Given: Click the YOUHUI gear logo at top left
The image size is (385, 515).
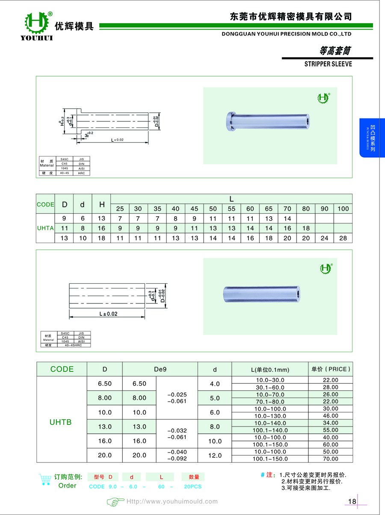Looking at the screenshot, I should tap(37, 23).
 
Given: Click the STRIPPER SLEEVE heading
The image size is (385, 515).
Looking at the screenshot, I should tap(328, 64).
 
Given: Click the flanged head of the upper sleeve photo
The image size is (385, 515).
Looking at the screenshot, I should tap(229, 121).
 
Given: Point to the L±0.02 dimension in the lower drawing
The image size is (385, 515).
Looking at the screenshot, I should tap(108, 314).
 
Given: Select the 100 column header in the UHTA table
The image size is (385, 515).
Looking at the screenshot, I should tap(343, 209).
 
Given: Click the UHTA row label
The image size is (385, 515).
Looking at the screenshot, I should tap(45, 228).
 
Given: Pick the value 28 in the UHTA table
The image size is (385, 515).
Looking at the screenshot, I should tap(343, 238).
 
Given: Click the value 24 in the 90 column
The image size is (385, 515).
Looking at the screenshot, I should tap(324, 238).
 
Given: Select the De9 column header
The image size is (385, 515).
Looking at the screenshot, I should tap(160, 369).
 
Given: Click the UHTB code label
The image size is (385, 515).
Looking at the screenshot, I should tap(60, 422).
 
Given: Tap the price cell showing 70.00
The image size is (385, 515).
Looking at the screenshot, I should tap(331, 459).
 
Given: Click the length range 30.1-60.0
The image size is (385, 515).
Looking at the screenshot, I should tap(270, 387).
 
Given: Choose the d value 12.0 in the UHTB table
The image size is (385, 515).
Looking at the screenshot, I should tap(214, 455).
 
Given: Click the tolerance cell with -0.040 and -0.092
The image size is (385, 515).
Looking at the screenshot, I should tap(177, 455).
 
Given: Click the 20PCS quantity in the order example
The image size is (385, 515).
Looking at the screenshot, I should tap(193, 487).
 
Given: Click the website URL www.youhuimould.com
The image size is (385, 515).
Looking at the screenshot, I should tap(172, 502).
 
